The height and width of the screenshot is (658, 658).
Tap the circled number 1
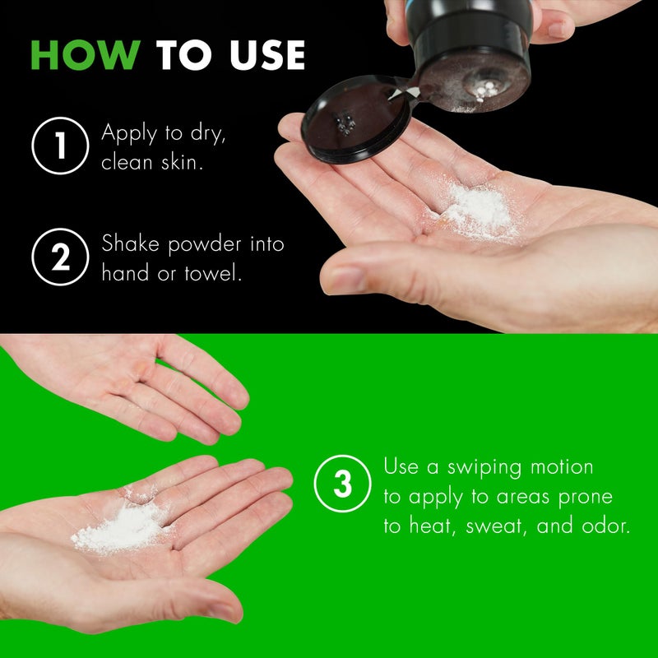coord(59,146)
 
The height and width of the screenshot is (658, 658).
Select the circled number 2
coord(59,257)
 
